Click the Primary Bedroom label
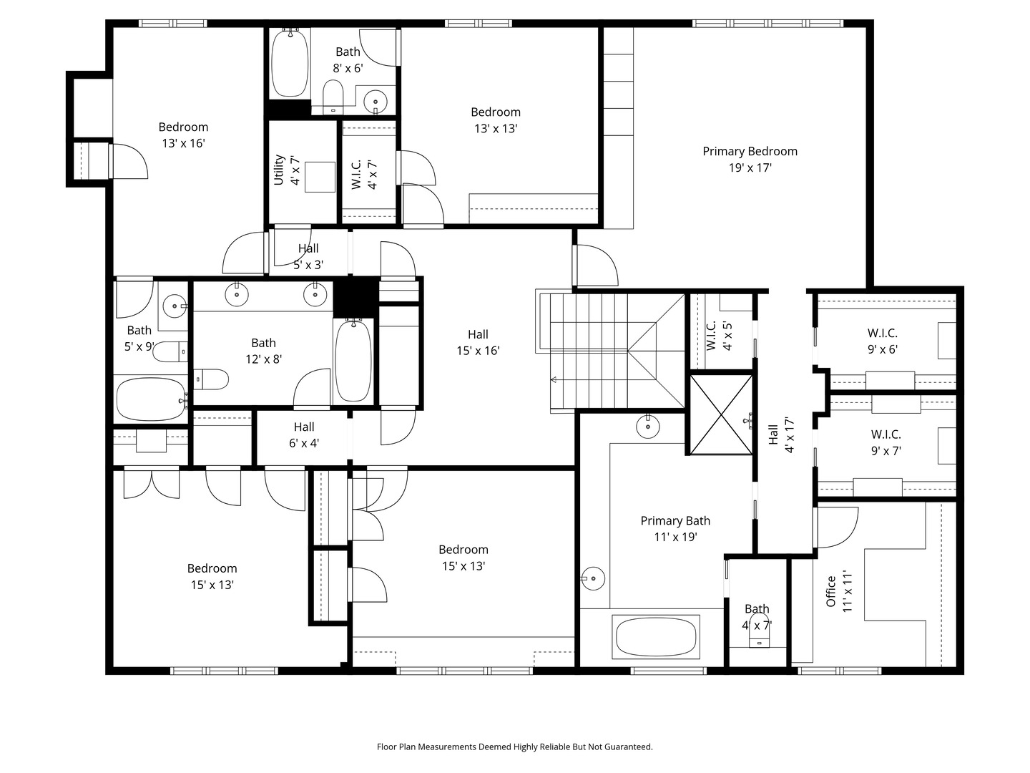750,151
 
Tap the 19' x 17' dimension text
750,167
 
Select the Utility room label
279,170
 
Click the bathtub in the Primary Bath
656,636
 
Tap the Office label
830,591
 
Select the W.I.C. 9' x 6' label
882,341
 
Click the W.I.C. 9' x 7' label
886,442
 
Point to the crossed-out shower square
721,414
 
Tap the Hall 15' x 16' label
479,342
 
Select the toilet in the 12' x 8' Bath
211,379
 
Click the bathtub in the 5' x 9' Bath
151,399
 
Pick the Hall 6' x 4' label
304,434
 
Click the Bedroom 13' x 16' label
184,135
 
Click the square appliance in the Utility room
320,177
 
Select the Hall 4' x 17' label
781,434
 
